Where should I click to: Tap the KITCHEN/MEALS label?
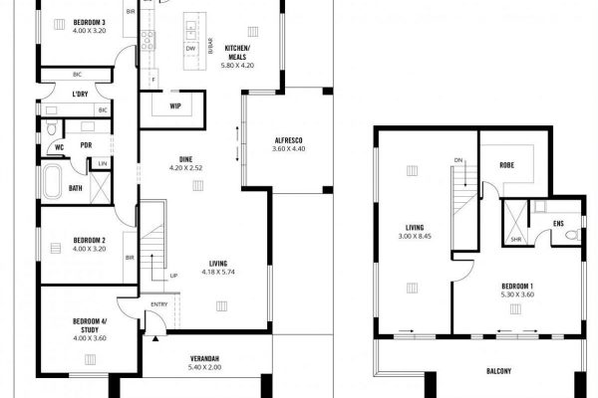click(237, 53)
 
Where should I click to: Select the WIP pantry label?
click(174, 104)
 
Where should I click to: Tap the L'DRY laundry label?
click(81, 95)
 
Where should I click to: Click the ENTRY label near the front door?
click(159, 304)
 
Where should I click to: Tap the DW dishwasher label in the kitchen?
click(189, 48)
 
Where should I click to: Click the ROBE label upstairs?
click(505, 166)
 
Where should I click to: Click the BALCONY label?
click(499, 372)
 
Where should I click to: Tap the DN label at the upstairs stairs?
click(457, 159)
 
